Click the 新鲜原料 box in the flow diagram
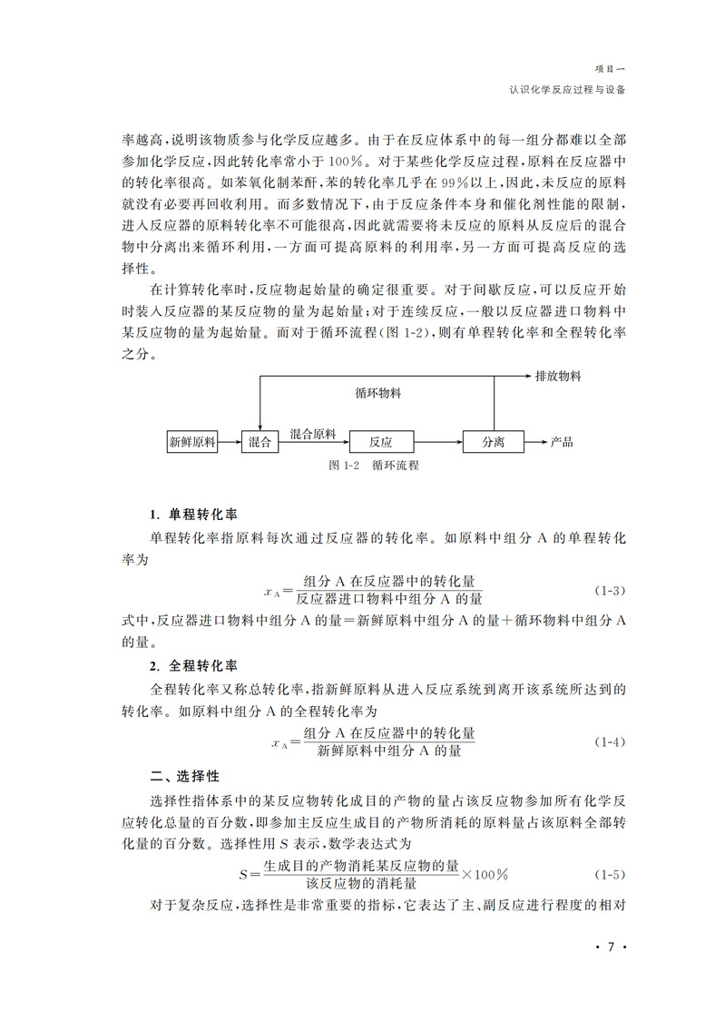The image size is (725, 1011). pyautogui.click(x=192, y=443)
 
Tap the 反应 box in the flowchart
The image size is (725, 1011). pyautogui.click(x=381, y=443)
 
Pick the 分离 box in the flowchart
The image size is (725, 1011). pyautogui.click(x=494, y=443)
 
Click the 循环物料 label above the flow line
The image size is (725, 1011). pyautogui.click(x=378, y=395)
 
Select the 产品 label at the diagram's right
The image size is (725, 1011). pyautogui.click(x=562, y=443)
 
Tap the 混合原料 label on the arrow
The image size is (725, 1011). pyautogui.click(x=313, y=434)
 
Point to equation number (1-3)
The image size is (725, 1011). pyautogui.click(x=610, y=591)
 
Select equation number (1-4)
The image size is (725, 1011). pyautogui.click(x=610, y=742)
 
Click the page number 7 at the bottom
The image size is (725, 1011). pyautogui.click(x=611, y=947)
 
